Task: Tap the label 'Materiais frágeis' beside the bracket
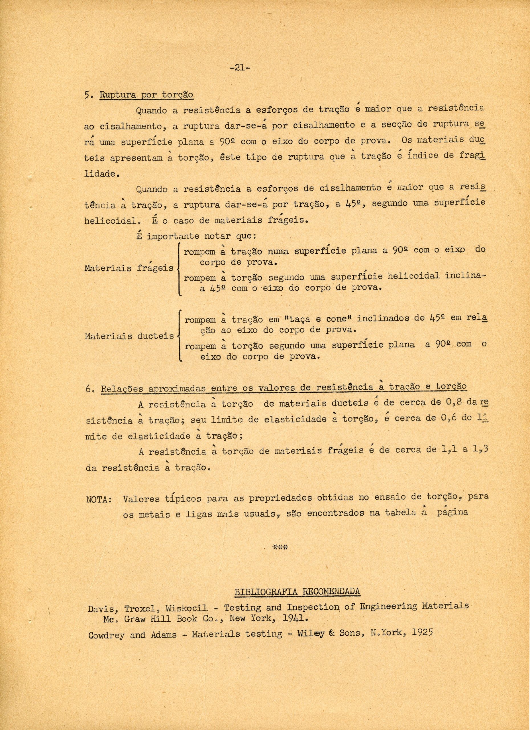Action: (x=129, y=268)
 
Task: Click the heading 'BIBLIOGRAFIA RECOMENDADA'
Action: (x=297, y=592)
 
